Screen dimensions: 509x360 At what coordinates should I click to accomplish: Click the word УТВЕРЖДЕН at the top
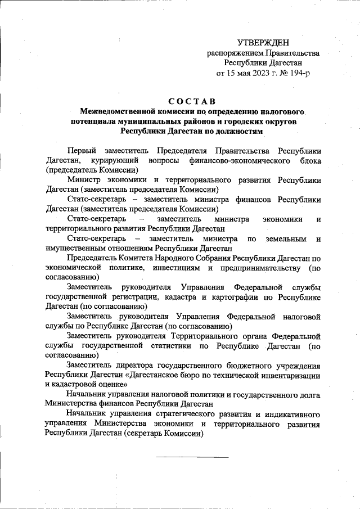(263, 42)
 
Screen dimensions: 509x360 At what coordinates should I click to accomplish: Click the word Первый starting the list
(80, 151)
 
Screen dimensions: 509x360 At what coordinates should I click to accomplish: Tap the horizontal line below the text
(192, 457)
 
